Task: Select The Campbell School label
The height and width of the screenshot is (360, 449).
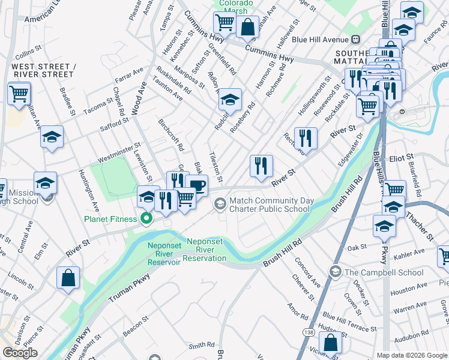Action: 384,272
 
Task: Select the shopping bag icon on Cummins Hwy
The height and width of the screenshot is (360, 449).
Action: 247,26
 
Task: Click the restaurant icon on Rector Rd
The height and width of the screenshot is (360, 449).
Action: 306,138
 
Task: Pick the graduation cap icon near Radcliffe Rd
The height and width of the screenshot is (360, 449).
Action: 229,99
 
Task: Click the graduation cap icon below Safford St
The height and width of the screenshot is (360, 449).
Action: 52,137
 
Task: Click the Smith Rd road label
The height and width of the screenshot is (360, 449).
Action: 202,345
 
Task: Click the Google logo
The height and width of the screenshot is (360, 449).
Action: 20,353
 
